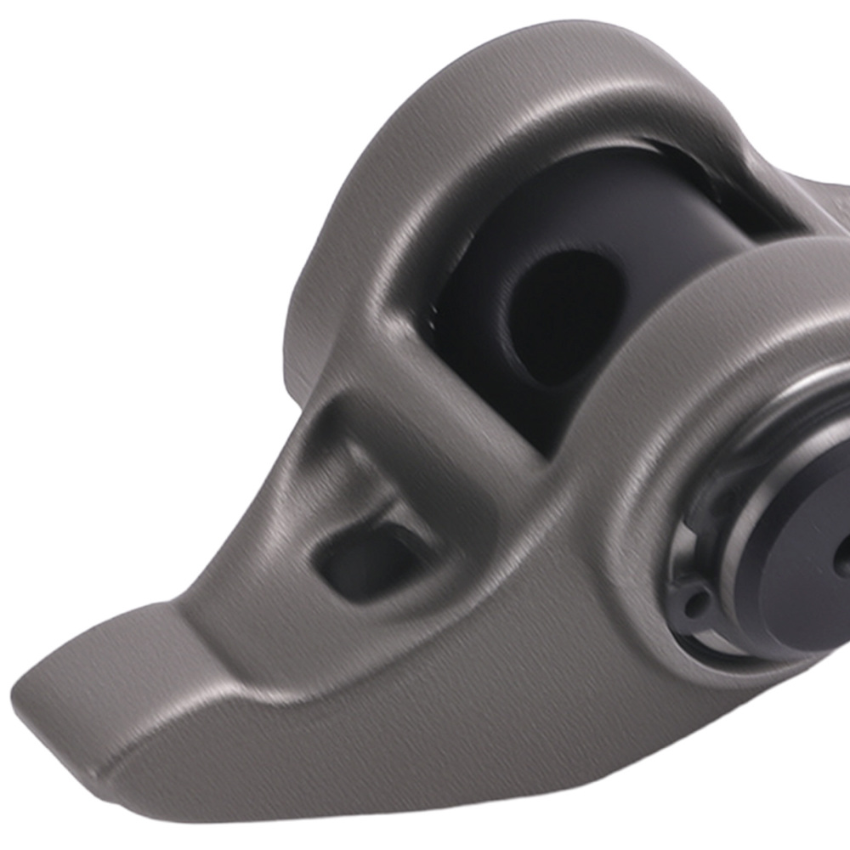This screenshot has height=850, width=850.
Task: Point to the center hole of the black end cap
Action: (841, 561)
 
